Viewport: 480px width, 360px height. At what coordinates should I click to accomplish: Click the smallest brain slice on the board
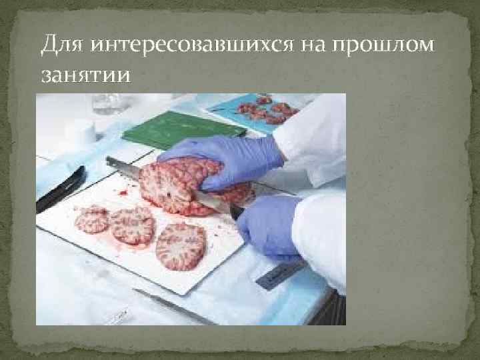pyautogui.click(x=91, y=218)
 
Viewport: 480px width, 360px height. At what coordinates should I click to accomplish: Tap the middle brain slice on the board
pyautogui.click(x=132, y=224)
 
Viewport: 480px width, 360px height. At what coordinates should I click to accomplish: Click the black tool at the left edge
pyautogui.click(x=60, y=189)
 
